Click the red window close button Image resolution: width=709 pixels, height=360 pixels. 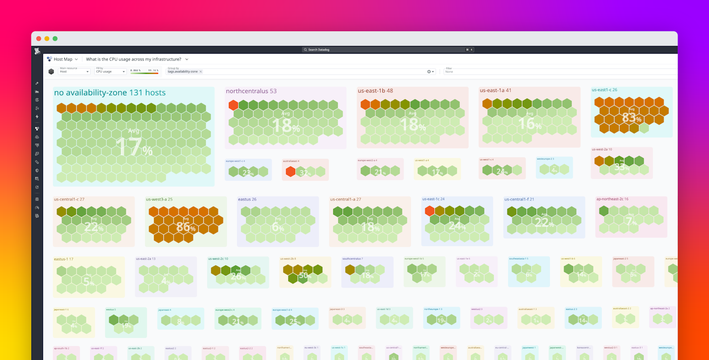[x=38, y=38]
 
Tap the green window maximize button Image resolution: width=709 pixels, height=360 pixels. [x=55, y=38]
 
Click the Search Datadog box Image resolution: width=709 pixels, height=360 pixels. [x=388, y=50]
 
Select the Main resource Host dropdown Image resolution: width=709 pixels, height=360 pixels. [x=74, y=71]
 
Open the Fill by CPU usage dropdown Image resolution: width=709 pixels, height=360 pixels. [x=110, y=71]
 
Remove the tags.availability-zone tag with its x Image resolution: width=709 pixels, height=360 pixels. [x=201, y=72]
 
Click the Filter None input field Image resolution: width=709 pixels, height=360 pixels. [x=557, y=71]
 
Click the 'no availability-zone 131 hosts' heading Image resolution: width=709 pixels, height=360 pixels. [x=110, y=93]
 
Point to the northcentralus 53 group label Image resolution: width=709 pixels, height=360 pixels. [x=251, y=91]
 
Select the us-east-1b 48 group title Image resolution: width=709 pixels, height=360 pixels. [x=375, y=91]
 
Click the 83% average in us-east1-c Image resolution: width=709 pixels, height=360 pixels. [x=632, y=118]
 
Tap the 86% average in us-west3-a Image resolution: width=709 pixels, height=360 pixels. [x=186, y=227]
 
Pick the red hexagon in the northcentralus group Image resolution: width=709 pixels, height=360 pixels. [x=233, y=105]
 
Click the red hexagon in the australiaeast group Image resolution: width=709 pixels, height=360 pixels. [x=290, y=172]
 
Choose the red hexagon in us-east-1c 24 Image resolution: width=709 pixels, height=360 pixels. [x=430, y=211]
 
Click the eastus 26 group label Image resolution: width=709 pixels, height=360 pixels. [x=247, y=199]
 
